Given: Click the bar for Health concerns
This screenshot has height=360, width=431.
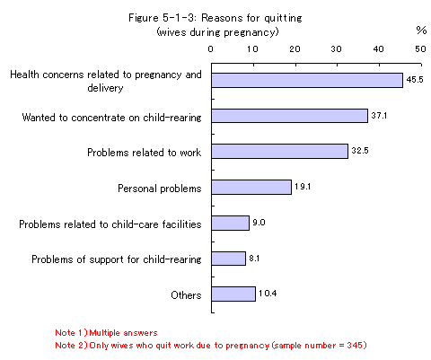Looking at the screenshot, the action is pyautogui.click(x=307, y=80).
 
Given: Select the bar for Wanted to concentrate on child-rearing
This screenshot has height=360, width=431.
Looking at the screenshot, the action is pyautogui.click(x=289, y=116).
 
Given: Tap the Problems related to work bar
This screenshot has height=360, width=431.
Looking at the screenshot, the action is pyautogui.click(x=280, y=152).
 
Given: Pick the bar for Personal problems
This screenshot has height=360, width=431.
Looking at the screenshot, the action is pyautogui.click(x=251, y=187).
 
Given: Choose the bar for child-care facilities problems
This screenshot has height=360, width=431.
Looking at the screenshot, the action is pyautogui.click(x=230, y=223).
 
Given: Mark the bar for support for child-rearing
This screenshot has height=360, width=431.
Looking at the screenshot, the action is pyautogui.click(x=228, y=259).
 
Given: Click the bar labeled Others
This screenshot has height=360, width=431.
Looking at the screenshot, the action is pyautogui.click(x=233, y=294).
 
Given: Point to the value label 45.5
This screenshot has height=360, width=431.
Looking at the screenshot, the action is pyautogui.click(x=415, y=80).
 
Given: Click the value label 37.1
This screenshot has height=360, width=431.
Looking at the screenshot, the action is pyautogui.click(x=379, y=116).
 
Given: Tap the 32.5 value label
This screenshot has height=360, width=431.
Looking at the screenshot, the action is pyautogui.click(x=360, y=151).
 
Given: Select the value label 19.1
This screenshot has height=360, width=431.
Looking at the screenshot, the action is pyautogui.click(x=303, y=187).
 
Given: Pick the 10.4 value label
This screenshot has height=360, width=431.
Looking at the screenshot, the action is pyautogui.click(x=268, y=294).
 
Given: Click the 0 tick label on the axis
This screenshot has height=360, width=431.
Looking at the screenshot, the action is pyautogui.click(x=211, y=49).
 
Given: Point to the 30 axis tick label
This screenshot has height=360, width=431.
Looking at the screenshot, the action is pyautogui.click(x=337, y=49).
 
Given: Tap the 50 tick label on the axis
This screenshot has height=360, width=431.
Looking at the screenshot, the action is pyautogui.click(x=420, y=49).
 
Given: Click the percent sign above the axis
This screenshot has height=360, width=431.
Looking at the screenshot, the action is pyautogui.click(x=421, y=31).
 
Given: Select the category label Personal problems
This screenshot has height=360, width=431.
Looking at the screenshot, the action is pyautogui.click(x=160, y=189).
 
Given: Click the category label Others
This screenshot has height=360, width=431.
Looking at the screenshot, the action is pyautogui.click(x=186, y=295).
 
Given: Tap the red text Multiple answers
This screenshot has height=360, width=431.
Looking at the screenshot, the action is pyautogui.click(x=123, y=333).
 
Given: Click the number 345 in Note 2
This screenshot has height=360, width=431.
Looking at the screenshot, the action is pyautogui.click(x=355, y=346).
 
